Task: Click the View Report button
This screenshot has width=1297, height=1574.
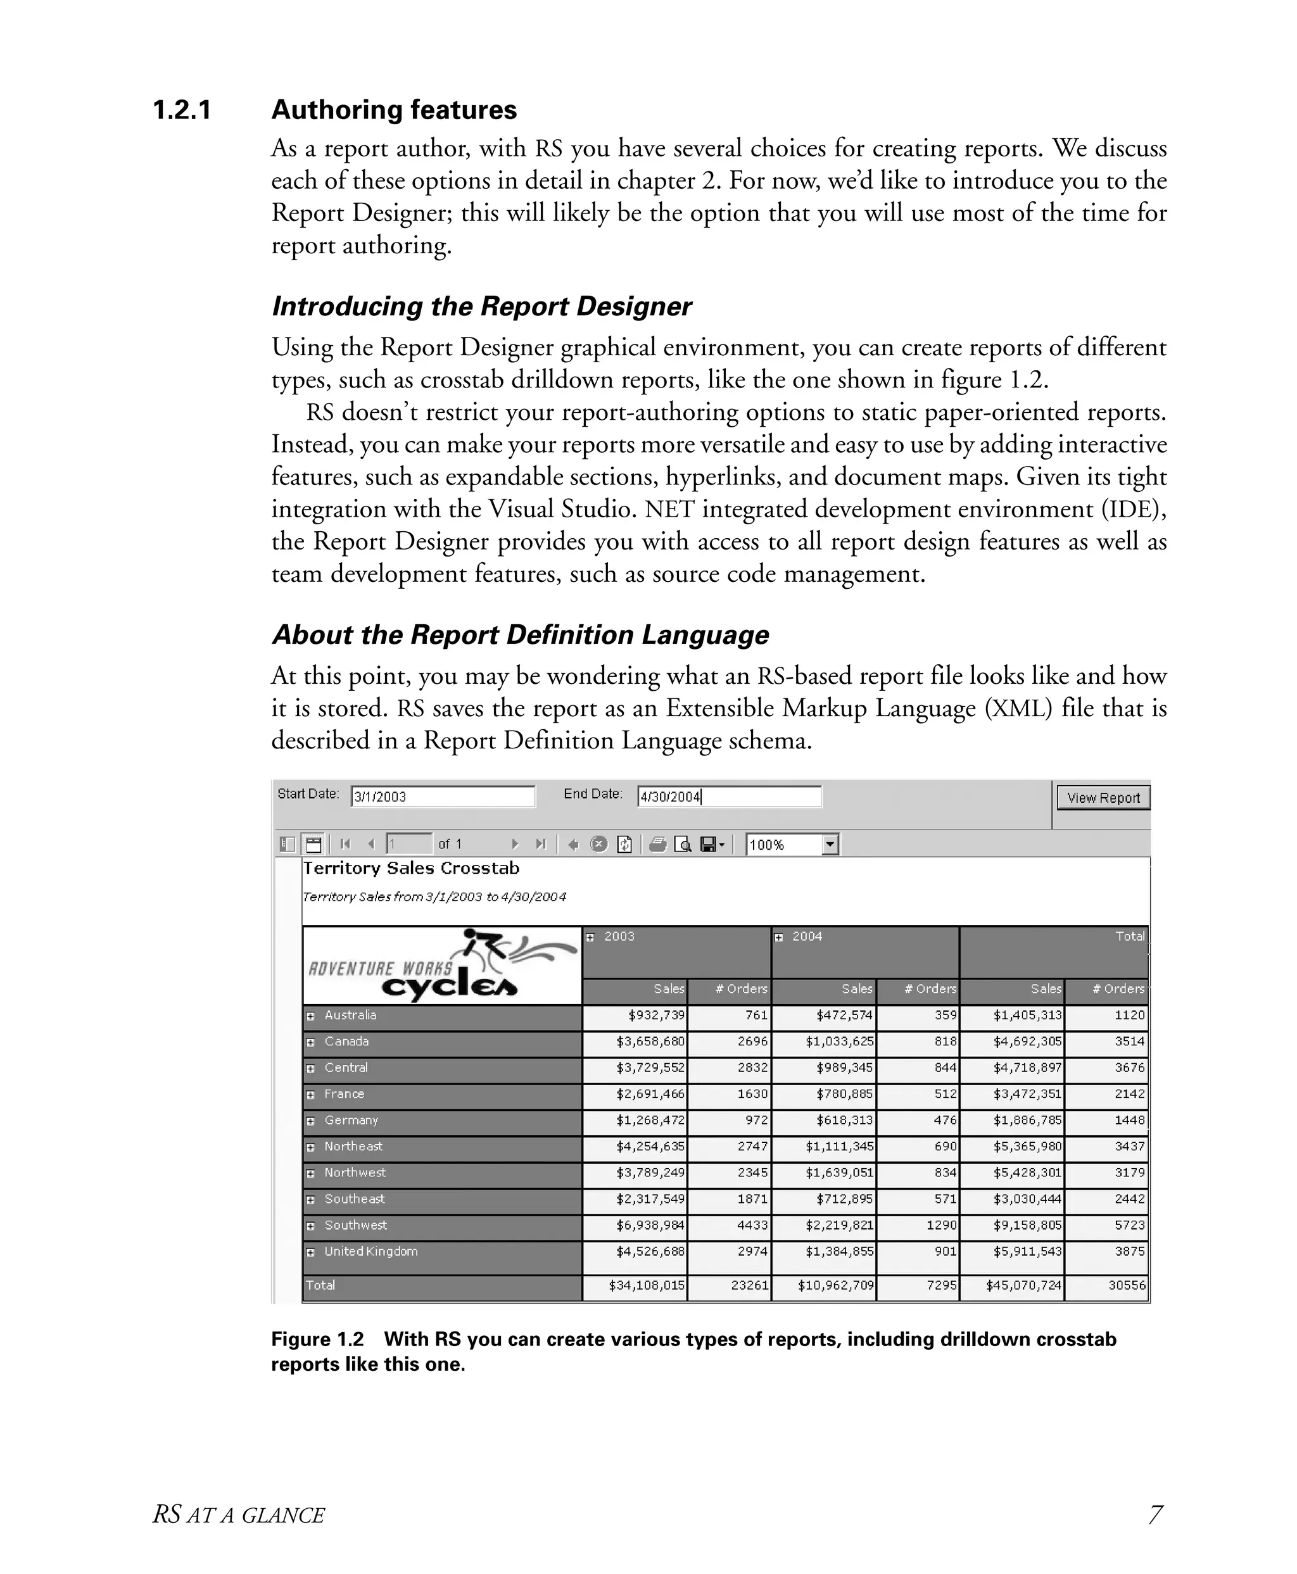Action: click(1103, 797)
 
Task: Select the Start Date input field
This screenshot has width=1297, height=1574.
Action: click(442, 796)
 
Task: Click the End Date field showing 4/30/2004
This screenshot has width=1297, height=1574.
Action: click(728, 796)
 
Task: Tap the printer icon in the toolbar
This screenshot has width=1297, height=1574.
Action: click(657, 844)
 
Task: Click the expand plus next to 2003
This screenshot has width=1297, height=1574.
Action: click(590, 938)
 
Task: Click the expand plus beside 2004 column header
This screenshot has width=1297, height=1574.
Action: click(778, 938)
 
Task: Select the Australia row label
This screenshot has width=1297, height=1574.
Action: click(350, 1015)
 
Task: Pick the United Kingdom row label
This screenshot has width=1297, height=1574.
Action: click(370, 1251)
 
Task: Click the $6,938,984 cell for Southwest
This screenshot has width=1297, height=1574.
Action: click(650, 1225)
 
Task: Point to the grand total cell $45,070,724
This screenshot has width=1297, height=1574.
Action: click(1023, 1286)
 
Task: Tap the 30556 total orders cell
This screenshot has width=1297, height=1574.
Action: click(1126, 1286)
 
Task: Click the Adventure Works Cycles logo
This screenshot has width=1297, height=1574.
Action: click(442, 966)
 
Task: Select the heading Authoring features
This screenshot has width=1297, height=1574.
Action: click(394, 110)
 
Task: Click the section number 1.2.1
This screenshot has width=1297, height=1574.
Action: click(182, 110)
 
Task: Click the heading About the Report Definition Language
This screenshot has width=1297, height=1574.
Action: click(520, 635)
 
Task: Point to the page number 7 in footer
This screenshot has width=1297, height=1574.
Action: click(1155, 1514)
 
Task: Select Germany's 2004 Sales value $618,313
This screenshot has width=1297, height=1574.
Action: click(839, 1121)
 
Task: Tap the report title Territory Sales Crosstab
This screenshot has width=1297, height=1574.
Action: click(411, 868)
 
